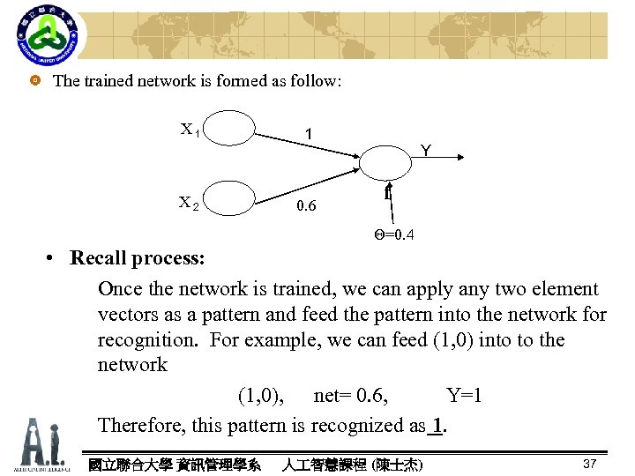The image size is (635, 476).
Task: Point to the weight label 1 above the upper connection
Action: click(x=307, y=134)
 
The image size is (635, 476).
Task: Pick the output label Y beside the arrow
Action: click(x=425, y=151)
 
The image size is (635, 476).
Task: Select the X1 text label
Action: click(x=190, y=130)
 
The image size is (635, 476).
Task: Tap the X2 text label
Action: click(x=189, y=202)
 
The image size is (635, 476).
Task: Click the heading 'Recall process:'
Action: click(x=138, y=259)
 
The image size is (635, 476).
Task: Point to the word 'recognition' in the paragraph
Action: click(x=147, y=340)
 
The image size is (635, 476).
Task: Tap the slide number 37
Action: click(x=590, y=464)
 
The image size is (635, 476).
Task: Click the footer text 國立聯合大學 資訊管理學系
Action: click(x=174, y=464)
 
